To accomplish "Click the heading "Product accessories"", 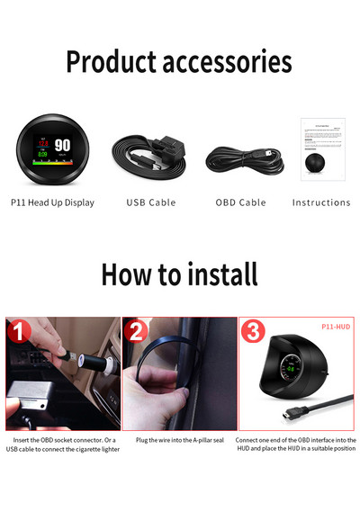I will tap(178, 62).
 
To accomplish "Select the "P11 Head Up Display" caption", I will tap(52, 203).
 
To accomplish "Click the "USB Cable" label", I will tap(150, 203).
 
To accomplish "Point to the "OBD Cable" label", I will tap(240, 203).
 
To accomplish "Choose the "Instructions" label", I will tap(321, 203).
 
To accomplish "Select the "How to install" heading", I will tap(179, 274).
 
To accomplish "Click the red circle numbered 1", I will tap(20, 333).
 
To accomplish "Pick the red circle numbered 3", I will tap(254, 333).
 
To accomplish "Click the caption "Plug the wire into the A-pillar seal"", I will tap(179, 441).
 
